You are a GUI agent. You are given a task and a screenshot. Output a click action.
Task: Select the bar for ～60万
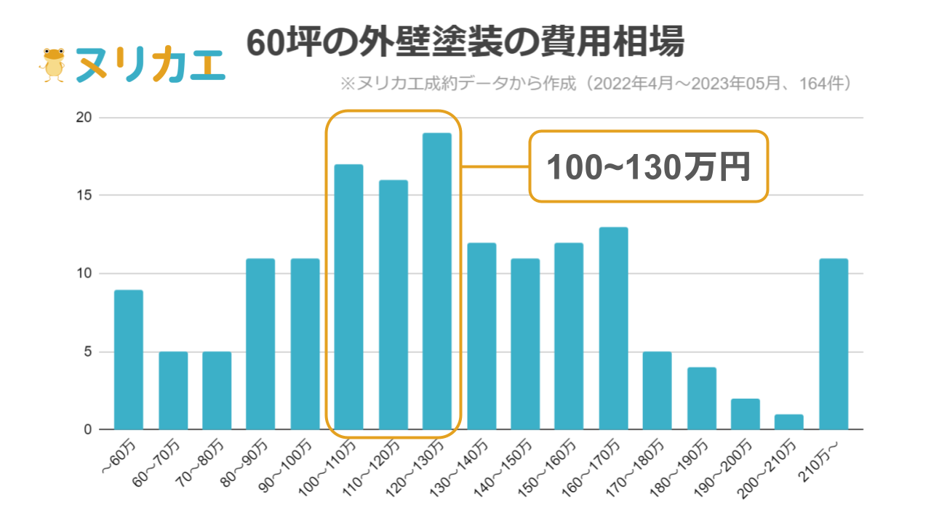coord(129,360)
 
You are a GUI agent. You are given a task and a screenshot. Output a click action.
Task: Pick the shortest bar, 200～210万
coord(789,422)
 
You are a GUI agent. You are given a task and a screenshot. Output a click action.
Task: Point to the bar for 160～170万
coord(613,328)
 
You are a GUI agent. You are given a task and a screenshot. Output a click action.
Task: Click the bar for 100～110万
coord(348,297)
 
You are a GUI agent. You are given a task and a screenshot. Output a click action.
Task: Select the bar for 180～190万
coord(701,398)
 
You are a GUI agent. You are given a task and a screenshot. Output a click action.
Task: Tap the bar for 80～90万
coord(260,344)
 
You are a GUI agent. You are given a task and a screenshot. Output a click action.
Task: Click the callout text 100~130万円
coord(648,167)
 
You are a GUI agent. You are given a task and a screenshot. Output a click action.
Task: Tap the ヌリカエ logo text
coord(150,66)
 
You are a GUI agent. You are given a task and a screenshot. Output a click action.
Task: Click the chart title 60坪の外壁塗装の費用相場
coord(465,43)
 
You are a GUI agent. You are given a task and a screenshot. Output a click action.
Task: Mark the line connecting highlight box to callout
coord(495,167)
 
